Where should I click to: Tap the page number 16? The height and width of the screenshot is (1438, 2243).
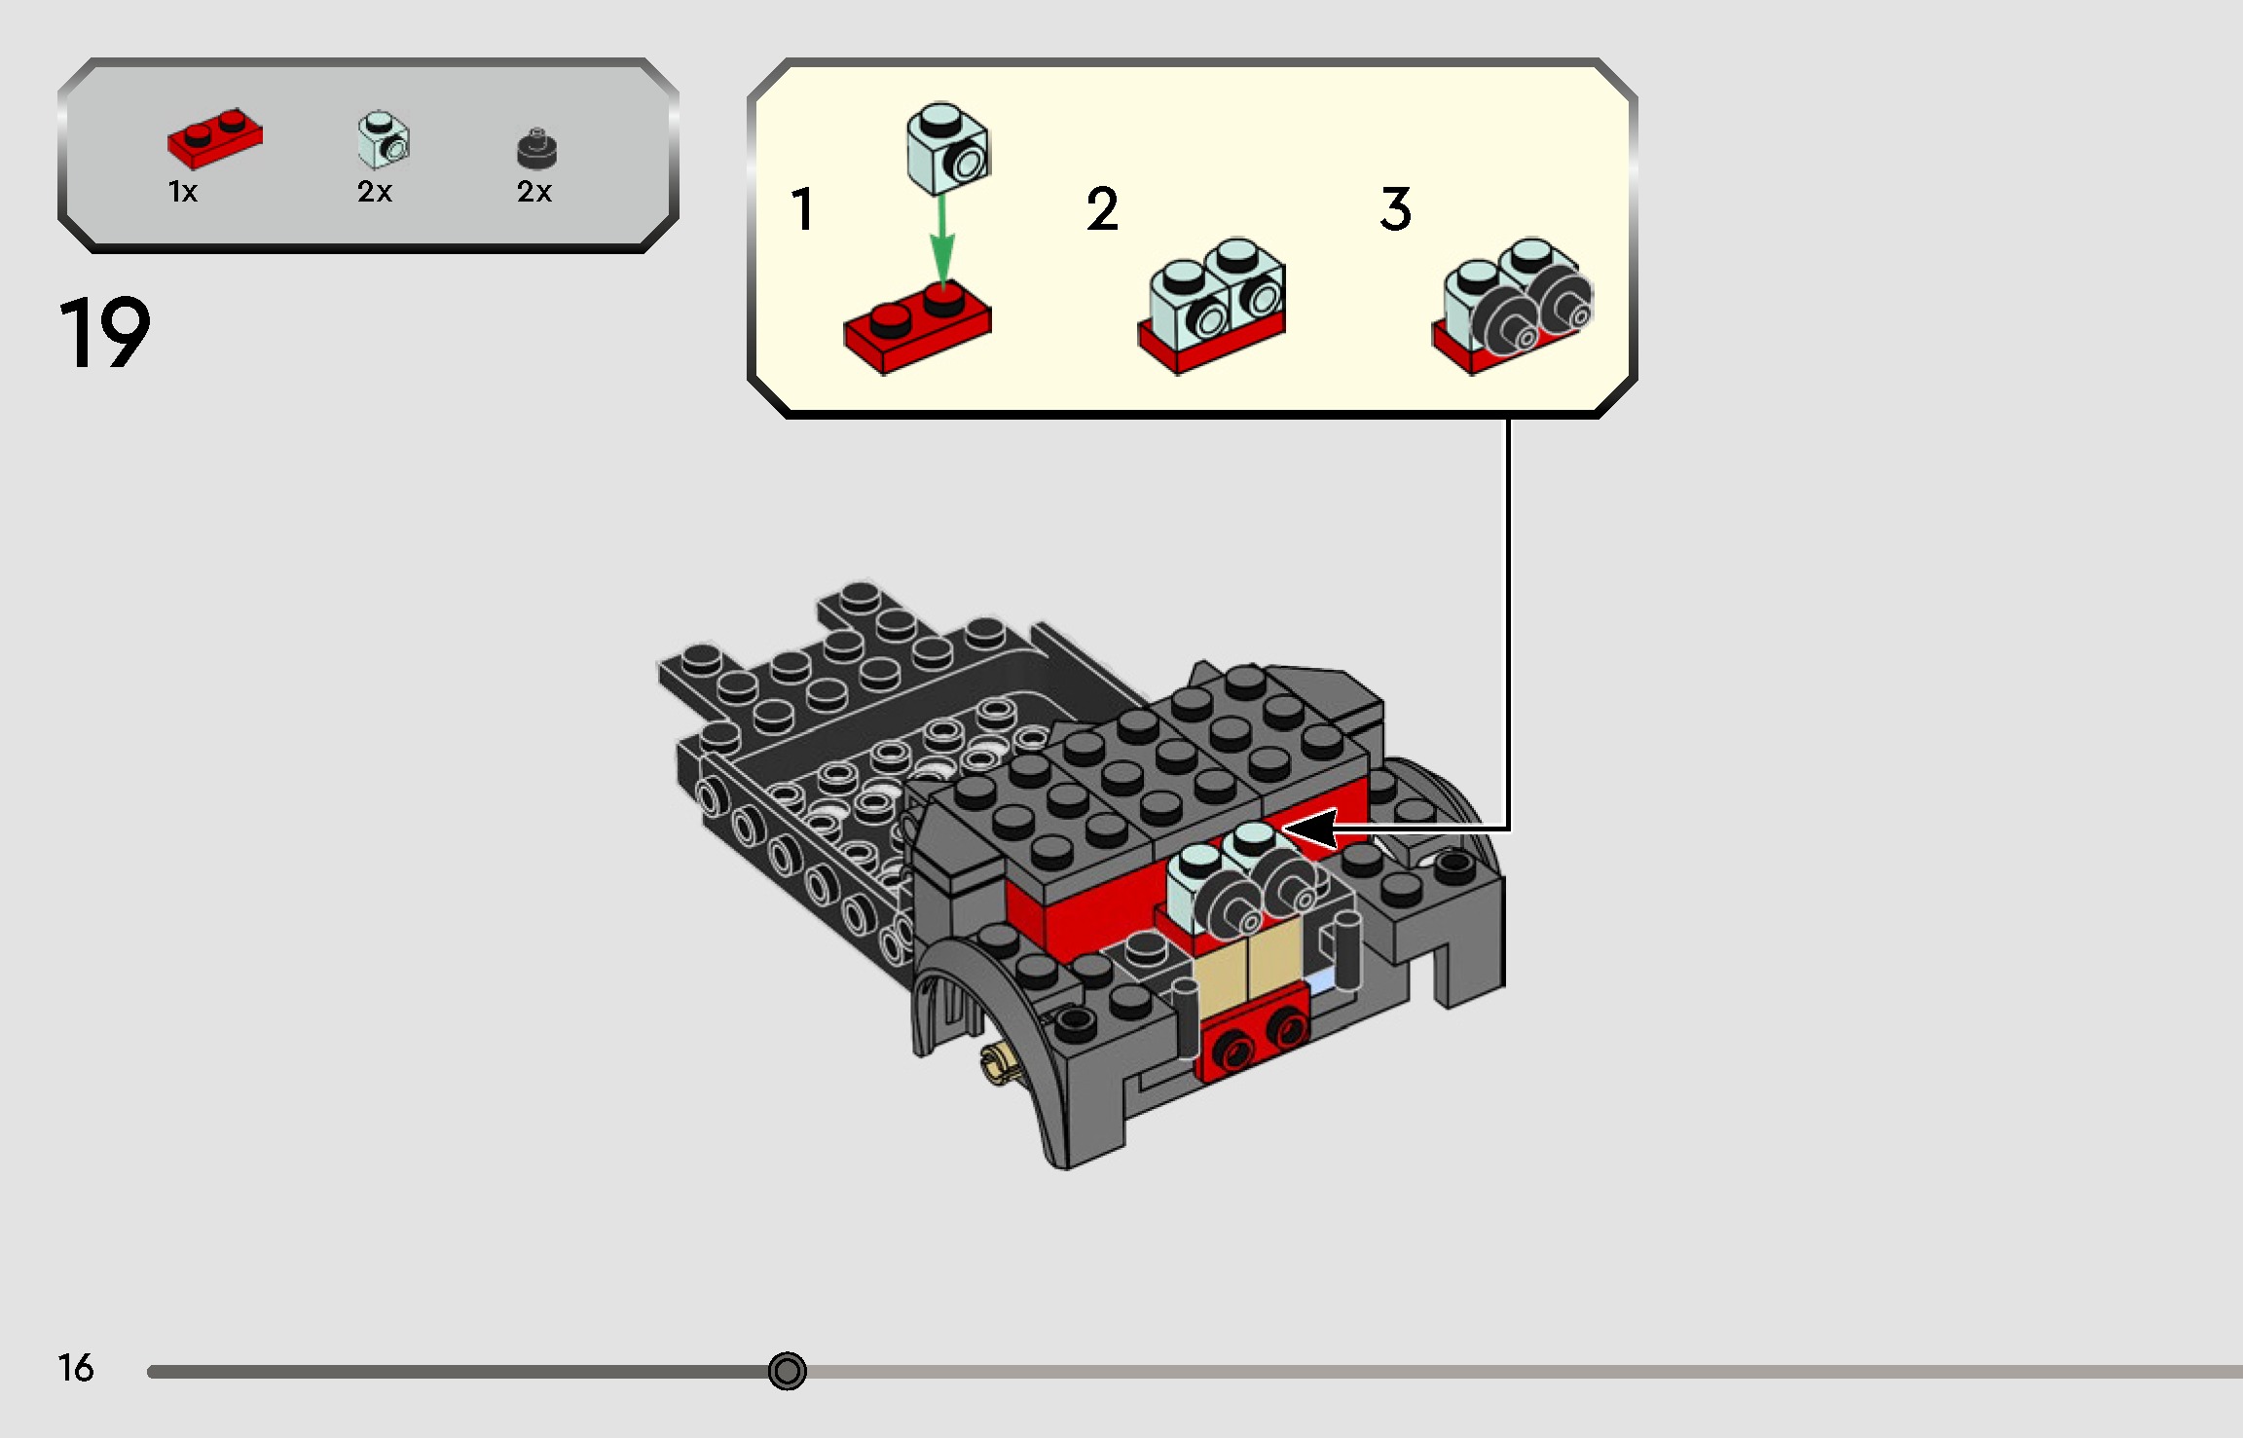pyautogui.click(x=76, y=1368)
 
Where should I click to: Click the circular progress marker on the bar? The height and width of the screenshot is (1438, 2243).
pyautogui.click(x=787, y=1371)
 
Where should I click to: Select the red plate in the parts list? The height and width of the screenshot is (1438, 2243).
pyautogui.click(x=214, y=138)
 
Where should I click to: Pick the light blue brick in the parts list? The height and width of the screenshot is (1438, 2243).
pyautogui.click(x=384, y=140)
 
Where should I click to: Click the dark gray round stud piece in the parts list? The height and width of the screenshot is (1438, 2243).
pyautogui.click(x=536, y=148)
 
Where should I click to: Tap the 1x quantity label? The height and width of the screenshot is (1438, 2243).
pyautogui.click(x=183, y=192)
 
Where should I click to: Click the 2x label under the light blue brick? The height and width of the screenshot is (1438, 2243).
pyautogui.click(x=375, y=192)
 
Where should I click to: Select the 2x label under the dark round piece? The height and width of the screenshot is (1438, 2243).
pyautogui.click(x=534, y=192)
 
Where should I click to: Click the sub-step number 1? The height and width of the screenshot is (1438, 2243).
pyautogui.click(x=802, y=209)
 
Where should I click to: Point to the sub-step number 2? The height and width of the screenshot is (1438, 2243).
pyautogui.click(x=1102, y=209)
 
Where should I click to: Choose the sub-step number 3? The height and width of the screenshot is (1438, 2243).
pyautogui.click(x=1396, y=209)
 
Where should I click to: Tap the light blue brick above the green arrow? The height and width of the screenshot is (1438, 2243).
pyautogui.click(x=948, y=149)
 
